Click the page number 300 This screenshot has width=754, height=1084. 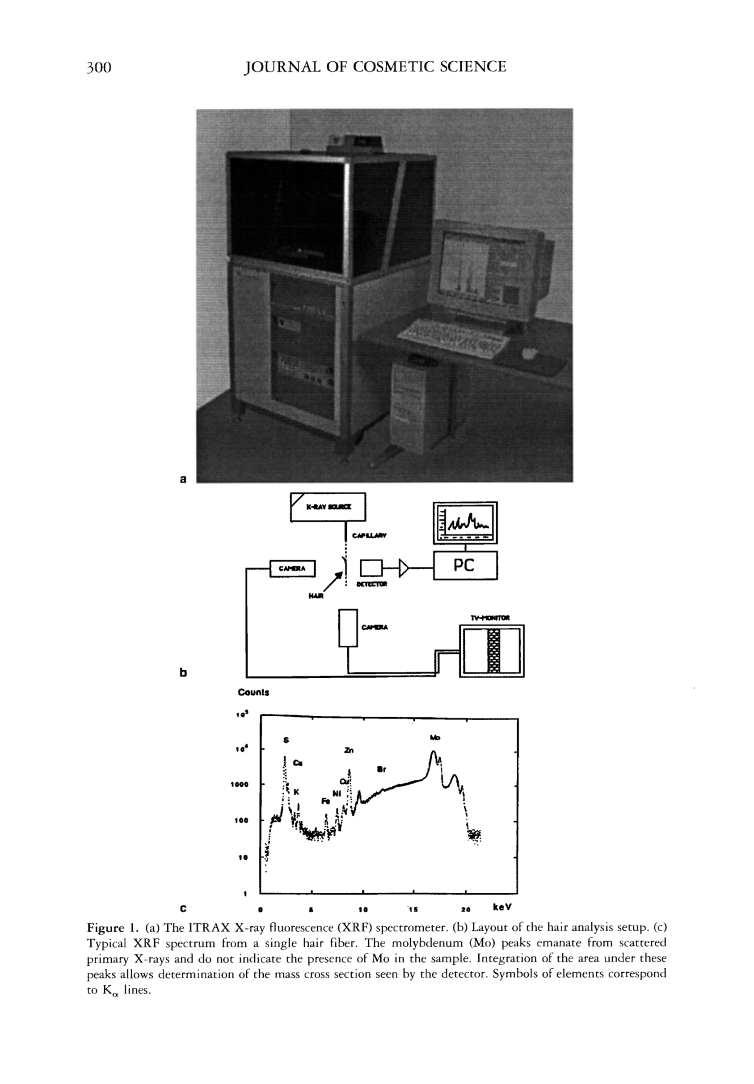tap(99, 67)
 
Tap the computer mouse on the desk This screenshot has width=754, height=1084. tap(530, 352)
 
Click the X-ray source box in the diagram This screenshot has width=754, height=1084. tap(328, 507)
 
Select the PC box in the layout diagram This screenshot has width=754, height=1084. tap(464, 565)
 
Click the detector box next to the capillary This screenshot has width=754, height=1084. tap(371, 568)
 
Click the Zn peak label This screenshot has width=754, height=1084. tap(349, 750)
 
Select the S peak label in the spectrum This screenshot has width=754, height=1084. tap(285, 740)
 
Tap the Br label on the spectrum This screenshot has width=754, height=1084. tap(382, 769)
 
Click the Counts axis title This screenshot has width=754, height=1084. tap(253, 693)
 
